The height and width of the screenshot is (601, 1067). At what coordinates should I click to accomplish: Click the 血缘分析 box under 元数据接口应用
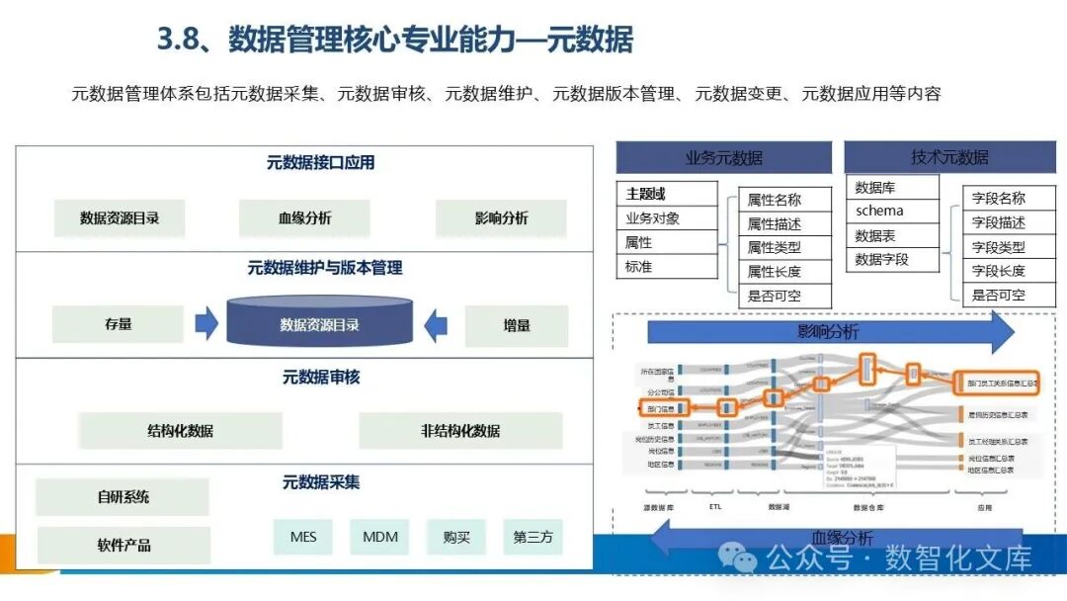point(304,218)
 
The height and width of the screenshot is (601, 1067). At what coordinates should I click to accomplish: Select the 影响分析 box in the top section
point(501,218)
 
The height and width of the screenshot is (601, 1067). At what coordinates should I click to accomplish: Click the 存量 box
point(118,324)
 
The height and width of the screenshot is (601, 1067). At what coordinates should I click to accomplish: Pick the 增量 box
point(517,325)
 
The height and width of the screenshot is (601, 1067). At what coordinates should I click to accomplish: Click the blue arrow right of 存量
point(206,323)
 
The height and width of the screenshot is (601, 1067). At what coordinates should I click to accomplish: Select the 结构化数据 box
point(180,431)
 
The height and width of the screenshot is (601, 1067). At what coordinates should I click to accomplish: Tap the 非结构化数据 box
point(460,431)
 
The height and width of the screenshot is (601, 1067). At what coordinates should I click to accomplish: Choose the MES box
point(303,537)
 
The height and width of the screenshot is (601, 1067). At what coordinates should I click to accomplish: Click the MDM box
point(380,537)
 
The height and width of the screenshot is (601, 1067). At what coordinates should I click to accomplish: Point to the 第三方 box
point(533,537)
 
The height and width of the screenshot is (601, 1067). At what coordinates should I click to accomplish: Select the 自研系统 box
point(123,497)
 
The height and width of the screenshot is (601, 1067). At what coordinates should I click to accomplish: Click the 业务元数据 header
point(724,158)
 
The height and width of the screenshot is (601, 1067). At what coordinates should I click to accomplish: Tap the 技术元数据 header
point(949,157)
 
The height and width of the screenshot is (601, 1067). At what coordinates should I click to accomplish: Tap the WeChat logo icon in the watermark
point(738,558)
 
